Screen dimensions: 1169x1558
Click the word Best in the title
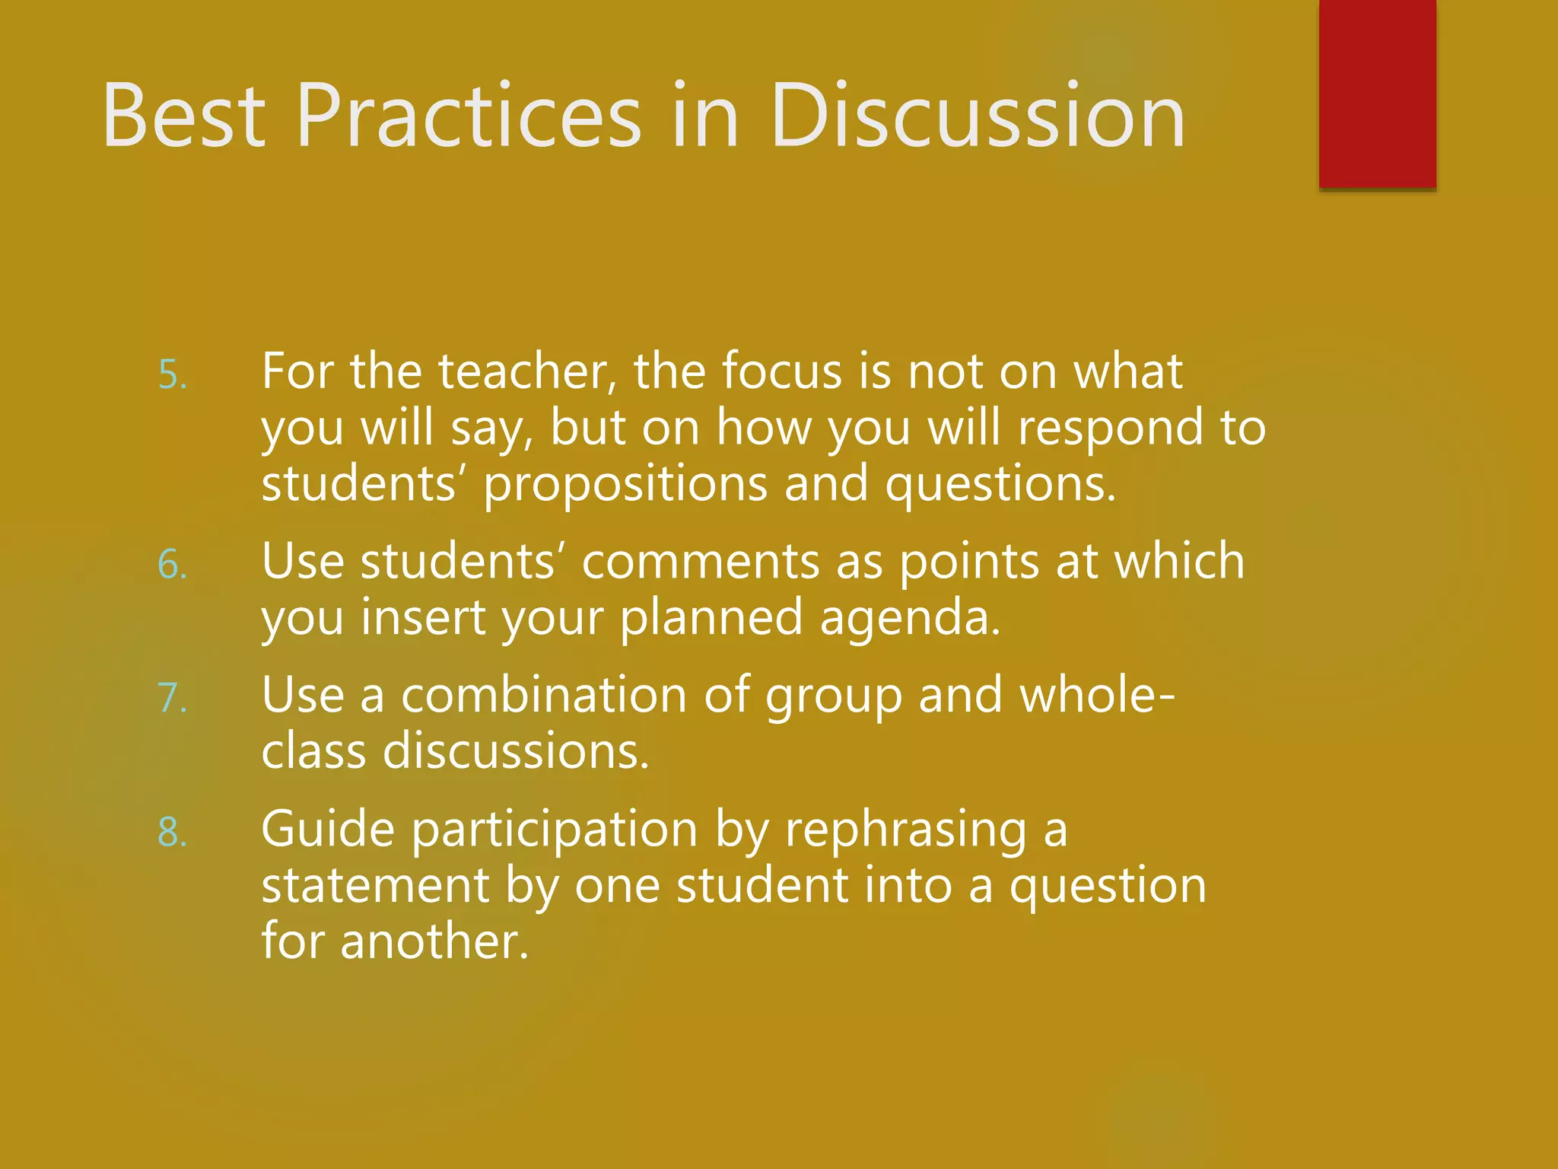click(x=183, y=116)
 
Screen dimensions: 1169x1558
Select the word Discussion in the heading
click(x=978, y=116)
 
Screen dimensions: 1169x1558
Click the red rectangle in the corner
click(x=1377, y=93)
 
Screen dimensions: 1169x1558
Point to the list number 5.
click(x=171, y=376)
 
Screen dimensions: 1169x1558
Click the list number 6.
click(x=171, y=565)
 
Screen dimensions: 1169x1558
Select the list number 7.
click(x=171, y=699)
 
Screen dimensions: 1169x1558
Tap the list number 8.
click(x=171, y=833)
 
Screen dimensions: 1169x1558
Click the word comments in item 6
click(x=701, y=561)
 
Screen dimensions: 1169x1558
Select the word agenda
click(x=910, y=617)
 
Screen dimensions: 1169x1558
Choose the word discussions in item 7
click(x=515, y=751)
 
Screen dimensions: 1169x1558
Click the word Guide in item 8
click(x=328, y=829)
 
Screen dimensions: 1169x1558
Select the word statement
click(x=375, y=886)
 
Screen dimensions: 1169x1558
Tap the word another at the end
click(x=434, y=941)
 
